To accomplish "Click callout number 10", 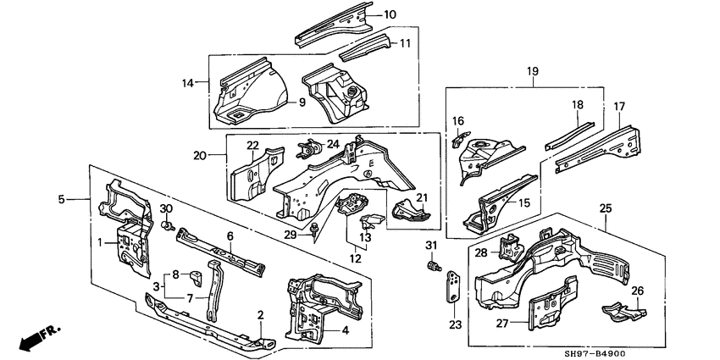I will click(x=390, y=14).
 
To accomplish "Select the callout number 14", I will click(x=187, y=82).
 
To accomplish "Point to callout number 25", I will click(x=606, y=208).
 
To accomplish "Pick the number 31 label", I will click(x=430, y=246).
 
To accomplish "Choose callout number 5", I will click(x=62, y=200).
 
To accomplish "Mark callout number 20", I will click(x=200, y=155).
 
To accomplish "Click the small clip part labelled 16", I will click(x=460, y=137).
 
